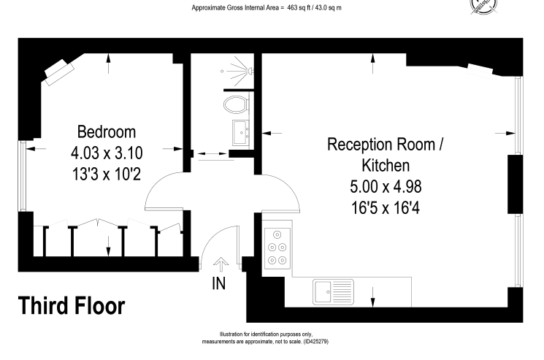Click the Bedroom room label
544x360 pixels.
pyautogui.click(x=107, y=131)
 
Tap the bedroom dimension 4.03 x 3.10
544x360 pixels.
pyautogui.click(x=107, y=153)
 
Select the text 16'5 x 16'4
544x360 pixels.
pyautogui.click(x=386, y=208)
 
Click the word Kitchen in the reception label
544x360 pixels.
pyautogui.click(x=386, y=166)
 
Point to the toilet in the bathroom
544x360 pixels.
pyautogui.click(x=237, y=104)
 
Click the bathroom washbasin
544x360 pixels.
pyautogui.click(x=241, y=132)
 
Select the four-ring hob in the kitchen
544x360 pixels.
pyautogui.click(x=277, y=248)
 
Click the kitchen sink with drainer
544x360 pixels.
pyautogui.click(x=333, y=291)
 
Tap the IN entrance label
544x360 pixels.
pyautogui.click(x=218, y=283)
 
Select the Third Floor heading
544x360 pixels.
pyautogui.click(x=72, y=305)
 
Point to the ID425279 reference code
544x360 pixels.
pyautogui.click(x=315, y=342)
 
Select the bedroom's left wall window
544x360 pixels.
pyautogui.click(x=23, y=175)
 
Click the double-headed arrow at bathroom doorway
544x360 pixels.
pyautogui.click(x=211, y=153)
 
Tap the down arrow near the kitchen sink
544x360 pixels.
pyautogui.click(x=372, y=297)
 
